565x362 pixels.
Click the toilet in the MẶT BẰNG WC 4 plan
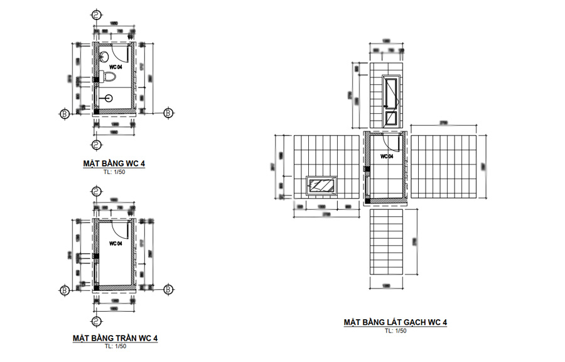(109, 77)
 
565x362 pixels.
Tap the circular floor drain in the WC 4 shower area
(109, 98)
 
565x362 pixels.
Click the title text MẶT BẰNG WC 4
(114, 165)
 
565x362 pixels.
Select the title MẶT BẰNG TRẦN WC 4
(114, 338)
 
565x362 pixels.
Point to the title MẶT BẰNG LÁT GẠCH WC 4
(395, 322)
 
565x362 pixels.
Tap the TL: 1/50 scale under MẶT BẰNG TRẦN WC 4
(114, 346)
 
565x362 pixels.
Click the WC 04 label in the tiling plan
(385, 155)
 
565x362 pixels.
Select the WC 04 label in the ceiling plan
(115, 243)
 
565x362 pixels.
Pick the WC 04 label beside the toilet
(115, 66)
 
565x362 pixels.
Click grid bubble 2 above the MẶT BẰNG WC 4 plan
(95, 14)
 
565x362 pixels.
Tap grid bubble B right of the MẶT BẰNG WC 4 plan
(168, 113)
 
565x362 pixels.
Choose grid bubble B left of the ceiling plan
(63, 290)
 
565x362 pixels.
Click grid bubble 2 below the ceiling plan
(95, 322)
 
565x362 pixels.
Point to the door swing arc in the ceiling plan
(119, 230)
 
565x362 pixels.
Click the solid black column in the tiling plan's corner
(368, 200)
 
